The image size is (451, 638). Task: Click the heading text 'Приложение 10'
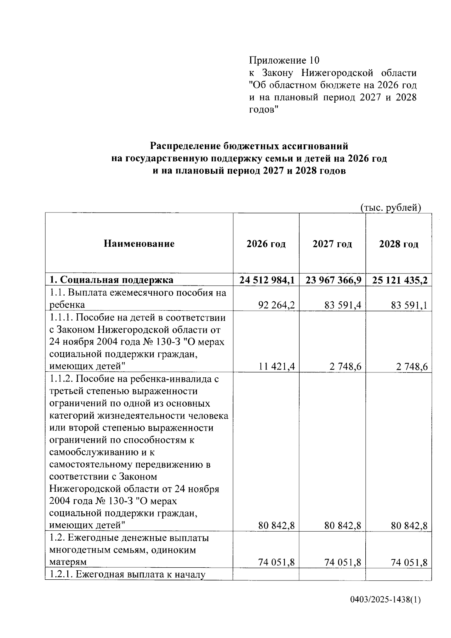click(284, 60)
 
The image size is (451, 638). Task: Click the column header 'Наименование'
click(139, 244)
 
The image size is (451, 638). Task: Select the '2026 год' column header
click(266, 244)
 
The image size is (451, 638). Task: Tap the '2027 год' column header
click(332, 244)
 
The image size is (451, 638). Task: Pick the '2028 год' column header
click(398, 244)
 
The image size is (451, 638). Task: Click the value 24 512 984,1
click(267, 280)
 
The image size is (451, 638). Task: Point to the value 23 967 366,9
click(333, 280)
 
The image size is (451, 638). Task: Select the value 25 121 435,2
click(400, 280)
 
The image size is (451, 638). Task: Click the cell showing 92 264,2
click(276, 305)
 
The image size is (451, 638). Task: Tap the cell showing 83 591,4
click(343, 305)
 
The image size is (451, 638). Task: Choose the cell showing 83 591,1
click(409, 305)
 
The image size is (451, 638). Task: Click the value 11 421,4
click(276, 366)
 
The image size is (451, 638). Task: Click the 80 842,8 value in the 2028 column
click(409, 526)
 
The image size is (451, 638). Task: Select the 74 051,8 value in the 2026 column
click(276, 562)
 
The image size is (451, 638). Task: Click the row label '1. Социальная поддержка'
click(112, 280)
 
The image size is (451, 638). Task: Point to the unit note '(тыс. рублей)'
click(390, 207)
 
